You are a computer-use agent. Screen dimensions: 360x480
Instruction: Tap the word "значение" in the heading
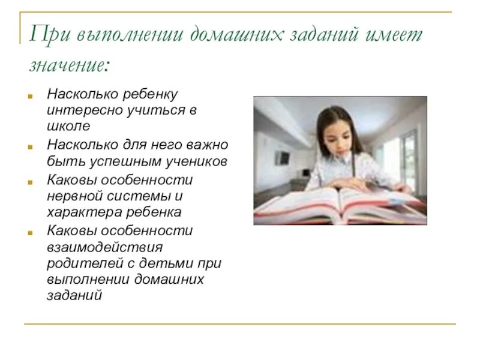tap(68, 64)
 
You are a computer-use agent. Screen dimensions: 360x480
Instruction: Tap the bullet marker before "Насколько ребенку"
tap(29, 95)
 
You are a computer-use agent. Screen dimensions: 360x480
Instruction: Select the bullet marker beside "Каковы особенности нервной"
tap(29, 179)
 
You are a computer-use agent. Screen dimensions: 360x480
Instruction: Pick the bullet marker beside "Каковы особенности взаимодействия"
tap(29, 230)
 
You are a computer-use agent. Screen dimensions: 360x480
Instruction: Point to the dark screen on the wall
tap(282, 158)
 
